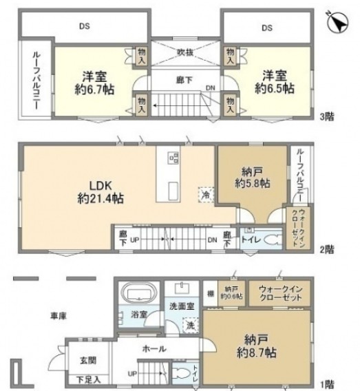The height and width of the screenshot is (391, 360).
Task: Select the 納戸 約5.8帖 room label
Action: click(x=249, y=178)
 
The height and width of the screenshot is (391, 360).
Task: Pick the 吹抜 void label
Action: click(x=184, y=52)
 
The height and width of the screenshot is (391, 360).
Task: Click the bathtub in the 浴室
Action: click(x=137, y=295)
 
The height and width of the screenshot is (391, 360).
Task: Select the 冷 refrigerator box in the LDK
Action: click(x=204, y=195)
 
